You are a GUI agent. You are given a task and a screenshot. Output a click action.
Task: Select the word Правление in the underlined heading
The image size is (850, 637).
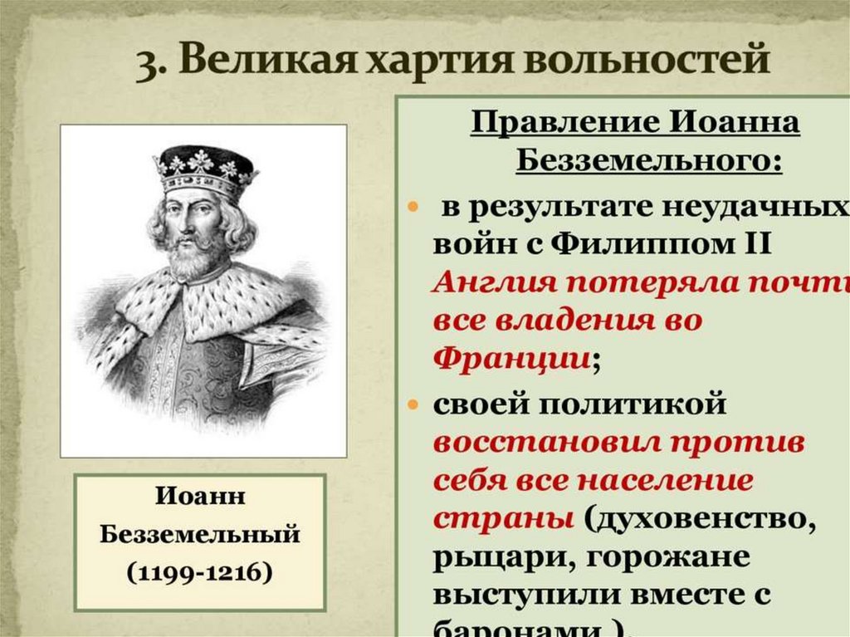559,125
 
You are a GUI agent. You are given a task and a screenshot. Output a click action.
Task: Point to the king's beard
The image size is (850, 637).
193,259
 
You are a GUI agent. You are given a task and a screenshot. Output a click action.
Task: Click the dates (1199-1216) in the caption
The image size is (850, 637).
199,573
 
